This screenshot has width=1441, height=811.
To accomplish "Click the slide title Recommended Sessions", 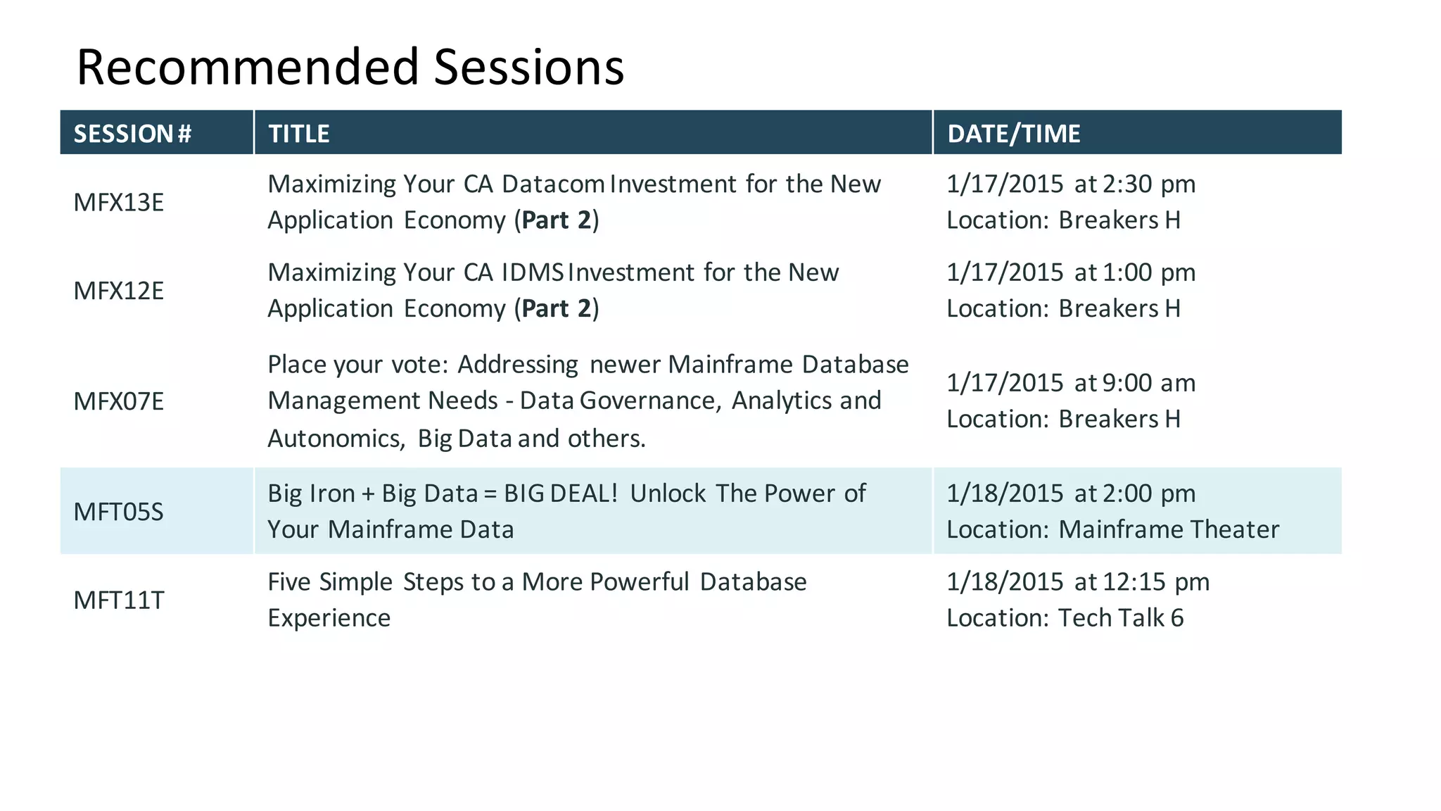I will pyautogui.click(x=350, y=68).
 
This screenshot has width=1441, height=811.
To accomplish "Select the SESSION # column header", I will pyautogui.click(x=132, y=134).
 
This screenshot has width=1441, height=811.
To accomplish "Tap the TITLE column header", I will pyautogui.click(x=298, y=134).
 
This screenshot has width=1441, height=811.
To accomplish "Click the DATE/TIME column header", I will pyautogui.click(x=1013, y=134).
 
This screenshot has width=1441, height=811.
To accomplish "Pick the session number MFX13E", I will pyautogui.click(x=118, y=203).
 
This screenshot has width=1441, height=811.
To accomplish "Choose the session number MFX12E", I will pyautogui.click(x=118, y=291).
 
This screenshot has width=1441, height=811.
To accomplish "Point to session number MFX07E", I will pyautogui.click(x=118, y=401).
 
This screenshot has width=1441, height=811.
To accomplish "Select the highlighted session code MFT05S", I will pyautogui.click(x=118, y=512).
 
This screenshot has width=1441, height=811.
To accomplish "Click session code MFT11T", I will pyautogui.click(x=118, y=601).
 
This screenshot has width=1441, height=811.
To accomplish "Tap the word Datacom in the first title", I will pyautogui.click(x=553, y=184).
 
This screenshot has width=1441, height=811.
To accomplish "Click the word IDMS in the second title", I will pyautogui.click(x=533, y=272).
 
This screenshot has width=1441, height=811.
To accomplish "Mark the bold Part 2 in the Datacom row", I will pyautogui.click(x=556, y=220).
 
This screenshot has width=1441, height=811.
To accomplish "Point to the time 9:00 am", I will pyautogui.click(x=1148, y=383).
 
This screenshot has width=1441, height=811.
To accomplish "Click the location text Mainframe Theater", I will pyautogui.click(x=1169, y=529).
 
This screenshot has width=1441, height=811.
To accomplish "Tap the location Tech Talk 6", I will pyautogui.click(x=1121, y=618).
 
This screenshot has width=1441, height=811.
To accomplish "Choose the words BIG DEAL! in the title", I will pyautogui.click(x=560, y=493).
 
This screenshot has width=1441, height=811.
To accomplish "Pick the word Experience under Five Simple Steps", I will pyautogui.click(x=329, y=618).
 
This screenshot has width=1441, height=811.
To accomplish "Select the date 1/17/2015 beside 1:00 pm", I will pyautogui.click(x=1004, y=272).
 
